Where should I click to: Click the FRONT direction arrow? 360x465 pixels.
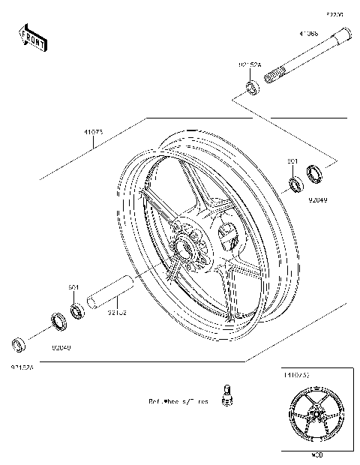[33, 37]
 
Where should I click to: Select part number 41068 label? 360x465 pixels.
[308, 34]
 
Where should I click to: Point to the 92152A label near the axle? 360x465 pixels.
[250, 65]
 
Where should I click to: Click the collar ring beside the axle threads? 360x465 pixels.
[252, 90]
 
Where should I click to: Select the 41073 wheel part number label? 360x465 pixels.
[93, 132]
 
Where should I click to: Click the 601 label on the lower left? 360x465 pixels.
[74, 287]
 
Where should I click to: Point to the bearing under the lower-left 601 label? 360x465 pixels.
[76, 309]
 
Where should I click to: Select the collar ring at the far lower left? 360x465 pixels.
[17, 344]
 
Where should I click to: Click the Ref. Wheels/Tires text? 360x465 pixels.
[178, 401]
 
